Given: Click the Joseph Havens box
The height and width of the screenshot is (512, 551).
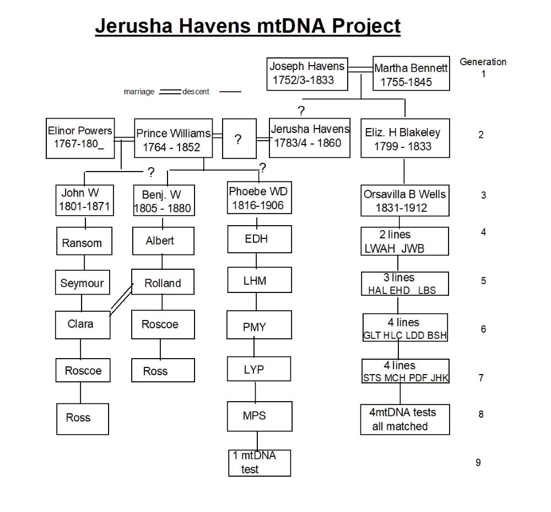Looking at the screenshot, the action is coord(307,74).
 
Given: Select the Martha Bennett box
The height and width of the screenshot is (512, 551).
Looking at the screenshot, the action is coord(411,73).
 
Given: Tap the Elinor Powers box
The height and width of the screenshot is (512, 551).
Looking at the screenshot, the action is coord(80,138).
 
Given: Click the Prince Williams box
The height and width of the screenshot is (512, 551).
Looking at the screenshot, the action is coord(173,138).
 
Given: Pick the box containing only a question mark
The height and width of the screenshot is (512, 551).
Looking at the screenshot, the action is coord(239,138).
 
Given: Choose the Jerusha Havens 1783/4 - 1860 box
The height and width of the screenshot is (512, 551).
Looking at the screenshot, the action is coord(310,137).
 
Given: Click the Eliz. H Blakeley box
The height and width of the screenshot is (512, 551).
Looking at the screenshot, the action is coord(405,138).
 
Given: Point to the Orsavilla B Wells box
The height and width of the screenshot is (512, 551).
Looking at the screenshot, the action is coord(405,200).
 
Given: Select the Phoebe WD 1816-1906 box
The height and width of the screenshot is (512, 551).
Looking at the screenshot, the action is coord(260,198).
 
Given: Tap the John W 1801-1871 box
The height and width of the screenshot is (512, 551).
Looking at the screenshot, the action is coord(85,200).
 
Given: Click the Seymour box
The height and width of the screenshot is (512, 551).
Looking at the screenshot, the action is coord(83,282).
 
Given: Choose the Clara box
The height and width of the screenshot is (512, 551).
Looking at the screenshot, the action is coord(83,325).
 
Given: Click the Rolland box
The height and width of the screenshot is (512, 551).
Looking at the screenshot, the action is coord(163,282).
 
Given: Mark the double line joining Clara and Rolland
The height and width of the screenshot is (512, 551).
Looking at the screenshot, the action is coord(122,299).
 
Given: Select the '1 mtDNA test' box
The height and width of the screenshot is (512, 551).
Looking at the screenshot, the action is coord(260,463).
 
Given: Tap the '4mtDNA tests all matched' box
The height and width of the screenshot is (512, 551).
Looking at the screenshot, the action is coord(405,419).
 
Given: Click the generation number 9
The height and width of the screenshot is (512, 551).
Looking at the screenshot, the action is coord(478,462).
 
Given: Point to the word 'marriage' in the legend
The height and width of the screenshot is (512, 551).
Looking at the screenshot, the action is coord(139,92).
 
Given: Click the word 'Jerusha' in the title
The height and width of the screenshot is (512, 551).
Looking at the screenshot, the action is coord(134,26).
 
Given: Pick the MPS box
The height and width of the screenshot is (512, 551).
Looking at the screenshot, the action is coord(260,417).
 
